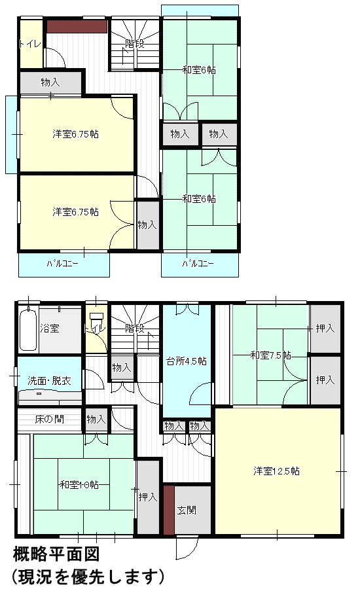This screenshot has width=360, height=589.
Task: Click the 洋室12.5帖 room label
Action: click(x=277, y=471)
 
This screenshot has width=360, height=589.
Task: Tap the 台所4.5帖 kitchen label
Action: click(x=187, y=361)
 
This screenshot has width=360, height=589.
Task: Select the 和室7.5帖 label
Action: click(x=270, y=355)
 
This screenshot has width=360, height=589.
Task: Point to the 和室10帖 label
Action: click(x=79, y=484)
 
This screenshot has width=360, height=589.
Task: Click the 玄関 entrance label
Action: click(x=187, y=510)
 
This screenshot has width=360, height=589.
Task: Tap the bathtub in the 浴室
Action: click(x=28, y=329)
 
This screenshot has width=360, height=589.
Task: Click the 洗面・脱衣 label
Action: click(x=49, y=381)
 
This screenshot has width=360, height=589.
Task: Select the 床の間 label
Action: click(x=49, y=419)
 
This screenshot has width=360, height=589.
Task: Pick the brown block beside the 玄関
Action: click(x=169, y=509)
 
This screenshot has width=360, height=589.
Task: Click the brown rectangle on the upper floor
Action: click(x=77, y=26)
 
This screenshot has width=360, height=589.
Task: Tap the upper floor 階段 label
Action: click(x=135, y=44)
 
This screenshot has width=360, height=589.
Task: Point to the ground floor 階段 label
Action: click(x=135, y=329)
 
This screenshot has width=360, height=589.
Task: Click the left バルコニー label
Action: click(x=62, y=264)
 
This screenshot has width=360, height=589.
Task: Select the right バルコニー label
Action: click(x=198, y=264)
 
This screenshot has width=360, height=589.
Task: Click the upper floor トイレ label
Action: click(x=30, y=44)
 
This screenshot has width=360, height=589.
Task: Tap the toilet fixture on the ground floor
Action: click(x=97, y=319)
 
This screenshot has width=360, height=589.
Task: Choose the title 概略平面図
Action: click(x=56, y=554)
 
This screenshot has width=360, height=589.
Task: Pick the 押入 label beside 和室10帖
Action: click(x=148, y=497)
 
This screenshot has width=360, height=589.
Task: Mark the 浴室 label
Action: click(x=50, y=329)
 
